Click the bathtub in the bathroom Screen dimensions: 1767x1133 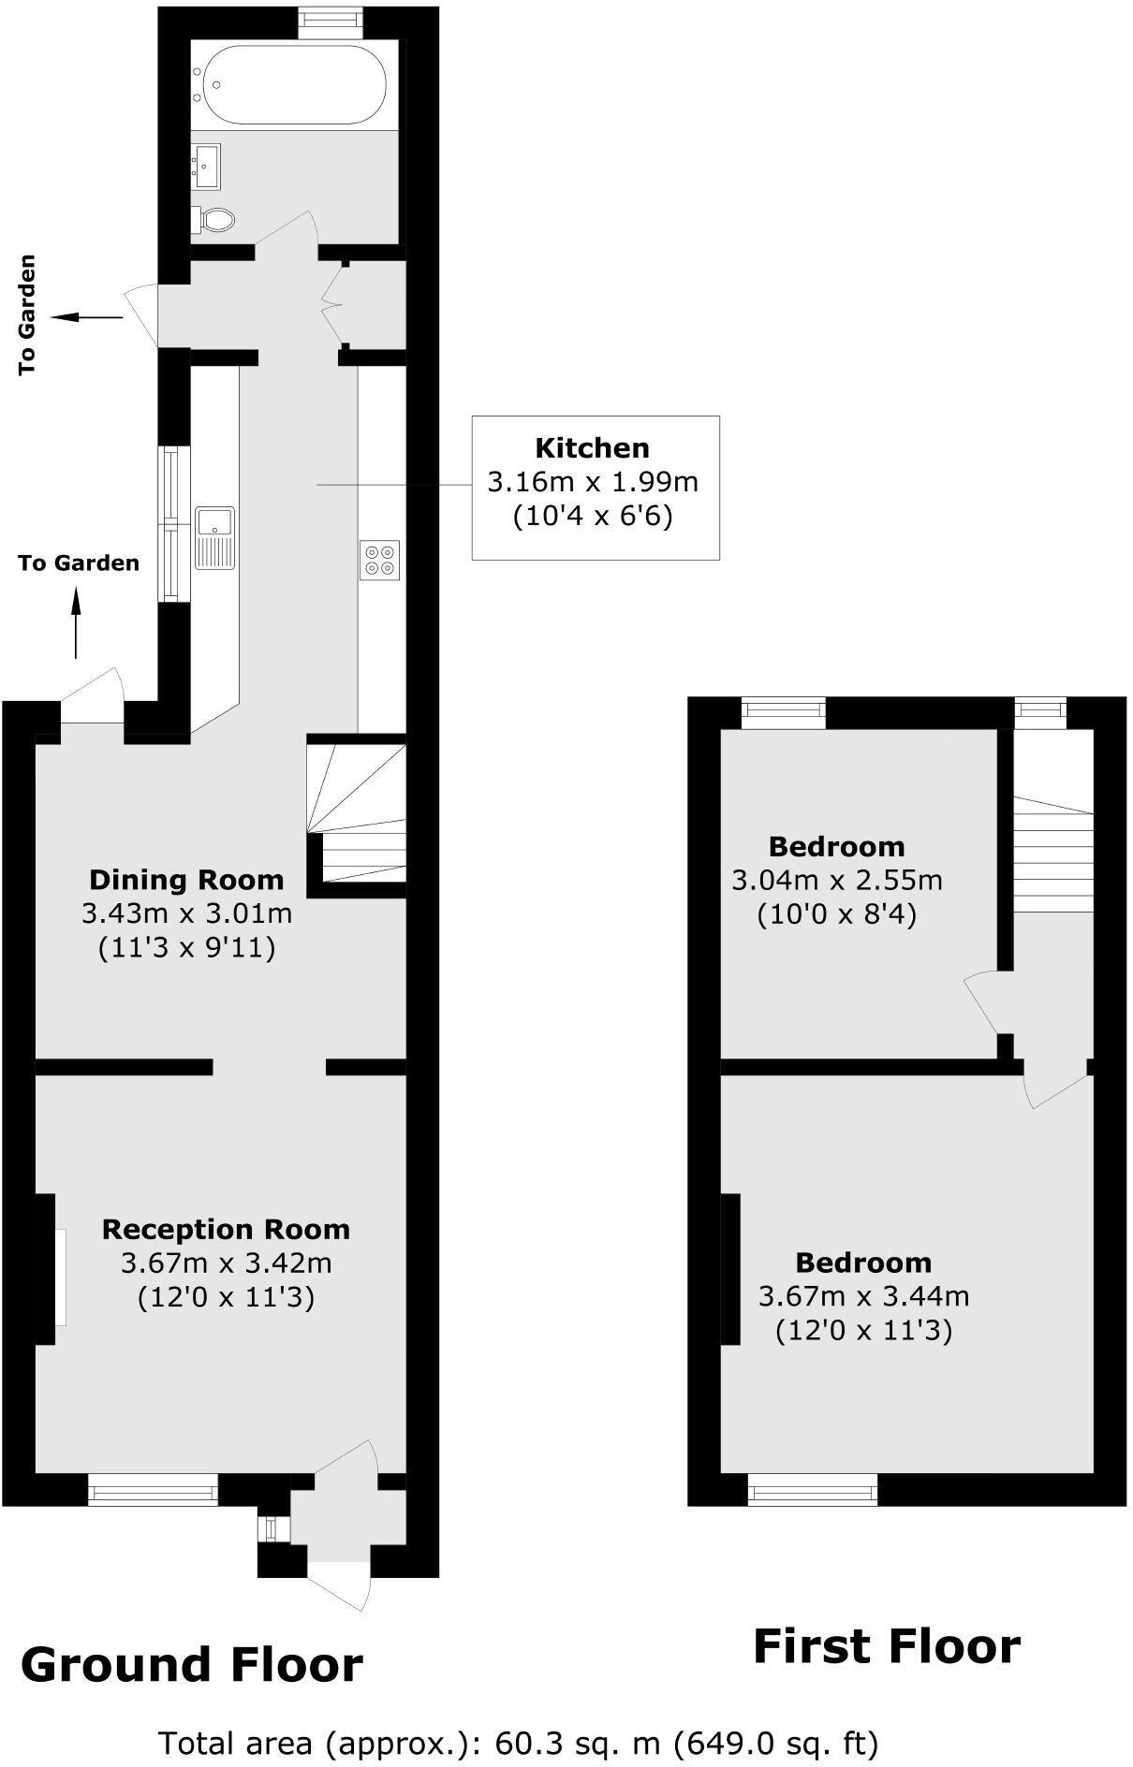tap(294, 84)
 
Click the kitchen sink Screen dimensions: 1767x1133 tap(215, 536)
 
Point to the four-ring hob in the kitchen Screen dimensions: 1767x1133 tap(380, 559)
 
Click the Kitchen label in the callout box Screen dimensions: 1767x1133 tap(592, 447)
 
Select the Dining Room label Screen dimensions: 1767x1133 tap(186, 880)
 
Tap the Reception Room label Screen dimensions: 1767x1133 tap(226, 1229)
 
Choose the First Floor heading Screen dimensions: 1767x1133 tap(886, 1647)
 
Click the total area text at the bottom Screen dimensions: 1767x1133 tap(519, 1743)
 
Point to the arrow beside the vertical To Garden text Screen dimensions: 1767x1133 tap(86, 318)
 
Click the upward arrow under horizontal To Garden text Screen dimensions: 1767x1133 tap(77, 621)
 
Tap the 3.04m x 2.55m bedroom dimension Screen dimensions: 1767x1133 tap(836, 881)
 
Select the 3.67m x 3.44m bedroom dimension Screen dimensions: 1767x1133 tap(863, 1296)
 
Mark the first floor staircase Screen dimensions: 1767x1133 tap(1053, 856)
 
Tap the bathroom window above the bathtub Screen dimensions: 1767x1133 tap(331, 23)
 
